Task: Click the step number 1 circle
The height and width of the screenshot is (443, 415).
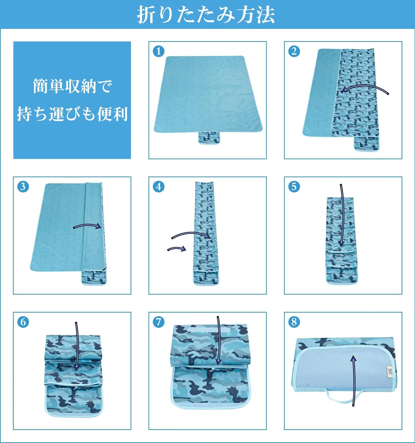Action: pos(159,51)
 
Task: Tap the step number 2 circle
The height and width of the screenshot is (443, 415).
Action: pos(294,51)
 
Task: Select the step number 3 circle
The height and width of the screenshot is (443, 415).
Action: pos(23,187)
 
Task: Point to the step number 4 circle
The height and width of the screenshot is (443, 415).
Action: pos(159,187)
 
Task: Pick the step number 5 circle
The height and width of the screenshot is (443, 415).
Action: pos(294,187)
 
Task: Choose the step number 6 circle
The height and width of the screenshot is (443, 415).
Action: pos(23,322)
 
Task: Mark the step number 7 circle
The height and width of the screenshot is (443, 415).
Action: pos(159,322)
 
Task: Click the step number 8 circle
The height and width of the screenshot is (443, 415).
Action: pos(294,322)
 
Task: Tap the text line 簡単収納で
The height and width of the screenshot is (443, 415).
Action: pos(72,86)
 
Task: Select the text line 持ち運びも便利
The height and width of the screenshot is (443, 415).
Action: pos(72,114)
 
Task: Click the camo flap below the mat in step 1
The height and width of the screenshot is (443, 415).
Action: pos(209,138)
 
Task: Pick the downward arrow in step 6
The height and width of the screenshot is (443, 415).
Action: pos(77,346)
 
